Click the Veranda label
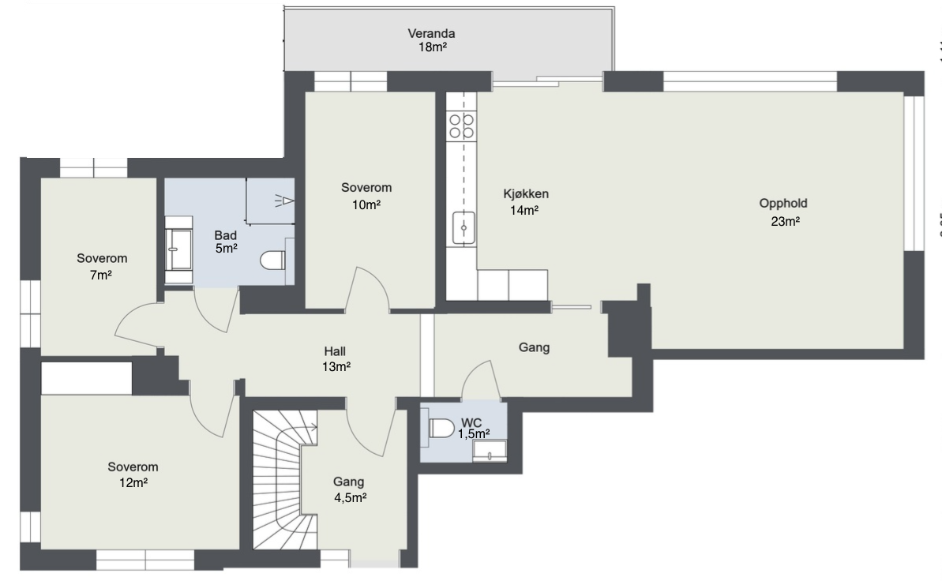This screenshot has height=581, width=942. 431,34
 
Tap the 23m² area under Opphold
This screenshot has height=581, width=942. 785,221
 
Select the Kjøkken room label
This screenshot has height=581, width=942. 526,194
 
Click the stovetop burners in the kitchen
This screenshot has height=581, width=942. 461,126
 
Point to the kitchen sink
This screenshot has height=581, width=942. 463,227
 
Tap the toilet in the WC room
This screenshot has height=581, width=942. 441,429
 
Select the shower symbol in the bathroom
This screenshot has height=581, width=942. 285,201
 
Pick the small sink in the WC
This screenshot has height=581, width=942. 489,451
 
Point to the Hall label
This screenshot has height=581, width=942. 335,351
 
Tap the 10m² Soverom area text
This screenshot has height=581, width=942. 366,205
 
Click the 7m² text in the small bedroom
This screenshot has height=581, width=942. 101,276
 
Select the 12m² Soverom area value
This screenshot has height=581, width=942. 133,482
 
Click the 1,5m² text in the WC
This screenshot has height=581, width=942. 474,434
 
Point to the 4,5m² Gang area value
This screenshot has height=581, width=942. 351,497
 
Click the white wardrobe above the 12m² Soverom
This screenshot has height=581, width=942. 87,378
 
